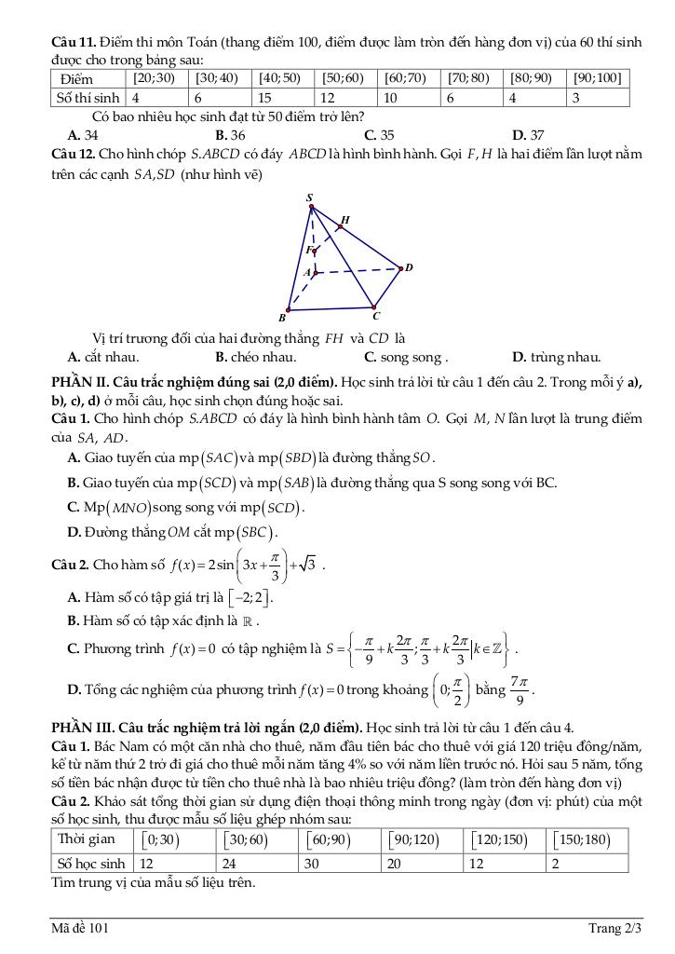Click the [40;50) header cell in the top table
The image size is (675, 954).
point(279,78)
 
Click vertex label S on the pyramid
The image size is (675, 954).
point(310,198)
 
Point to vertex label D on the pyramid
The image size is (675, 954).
point(408,267)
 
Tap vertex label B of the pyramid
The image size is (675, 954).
point(281,318)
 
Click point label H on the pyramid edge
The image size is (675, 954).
point(344,221)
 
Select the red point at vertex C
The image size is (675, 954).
point(373,306)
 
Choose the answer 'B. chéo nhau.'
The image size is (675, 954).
point(256,357)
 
